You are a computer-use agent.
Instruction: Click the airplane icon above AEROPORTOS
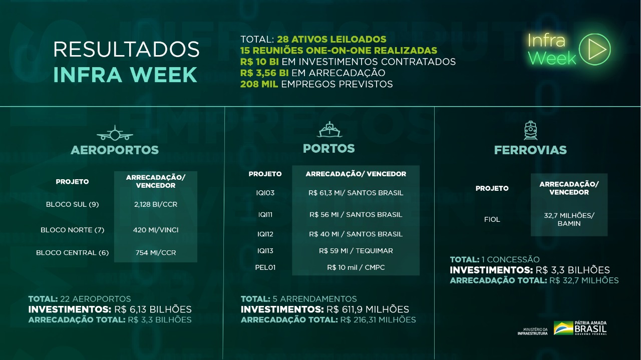tap(115, 133)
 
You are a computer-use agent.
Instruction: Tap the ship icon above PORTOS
tap(330, 130)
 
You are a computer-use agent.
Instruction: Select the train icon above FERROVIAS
tap(530, 130)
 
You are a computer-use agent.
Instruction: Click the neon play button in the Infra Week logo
tap(594, 49)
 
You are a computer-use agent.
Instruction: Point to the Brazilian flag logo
tap(563, 328)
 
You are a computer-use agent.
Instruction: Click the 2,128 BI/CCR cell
tap(156, 204)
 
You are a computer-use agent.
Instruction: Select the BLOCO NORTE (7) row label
tap(72, 230)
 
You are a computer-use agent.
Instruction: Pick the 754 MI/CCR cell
tap(156, 252)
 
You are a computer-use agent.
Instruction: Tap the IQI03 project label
tap(265, 193)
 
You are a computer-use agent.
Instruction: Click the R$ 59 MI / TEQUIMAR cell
tap(356, 250)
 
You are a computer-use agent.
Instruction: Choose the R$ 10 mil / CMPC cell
tap(356, 267)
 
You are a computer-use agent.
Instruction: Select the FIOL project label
tap(492, 219)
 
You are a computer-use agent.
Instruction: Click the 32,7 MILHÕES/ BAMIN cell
tap(569, 219)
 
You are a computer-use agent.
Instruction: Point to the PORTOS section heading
tap(329, 149)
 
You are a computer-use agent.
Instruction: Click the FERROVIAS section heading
tap(530, 150)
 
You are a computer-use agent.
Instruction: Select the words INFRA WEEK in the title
tap(125, 75)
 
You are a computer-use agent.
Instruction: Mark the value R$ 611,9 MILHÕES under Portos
tap(368, 309)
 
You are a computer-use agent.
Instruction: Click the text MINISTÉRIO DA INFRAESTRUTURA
tap(533, 331)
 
